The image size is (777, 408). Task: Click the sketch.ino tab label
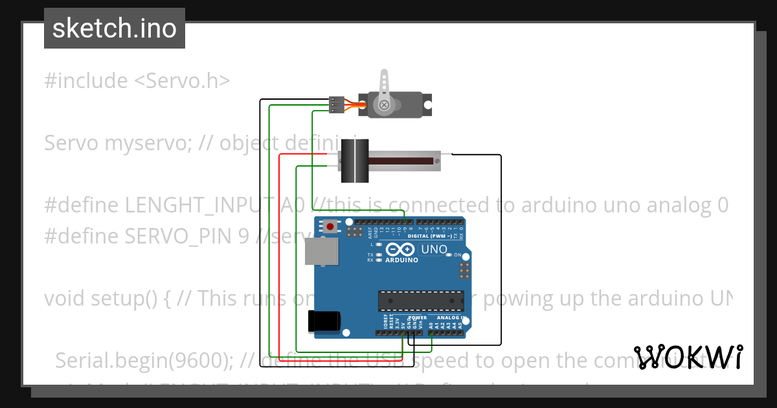[114, 28]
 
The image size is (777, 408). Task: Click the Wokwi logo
[687, 357]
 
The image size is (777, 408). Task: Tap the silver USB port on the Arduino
[322, 251]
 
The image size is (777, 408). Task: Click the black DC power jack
[323, 321]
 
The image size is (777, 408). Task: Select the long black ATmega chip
[422, 300]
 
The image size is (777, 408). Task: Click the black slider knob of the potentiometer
[354, 160]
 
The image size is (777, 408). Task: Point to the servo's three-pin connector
[336, 104]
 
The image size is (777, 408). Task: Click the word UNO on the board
[434, 249]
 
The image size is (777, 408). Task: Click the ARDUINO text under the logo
[401, 260]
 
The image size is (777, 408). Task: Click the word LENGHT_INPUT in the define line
[198, 205]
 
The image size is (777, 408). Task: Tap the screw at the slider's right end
[437, 157]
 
